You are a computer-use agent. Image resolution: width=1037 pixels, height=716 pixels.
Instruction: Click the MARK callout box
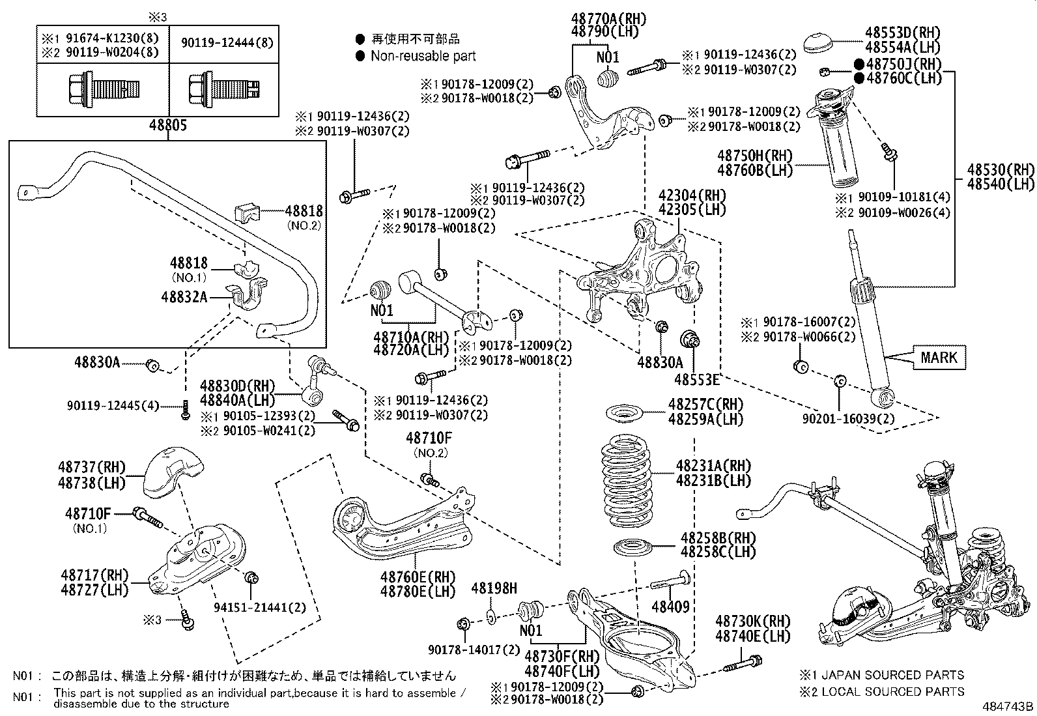tap(939, 357)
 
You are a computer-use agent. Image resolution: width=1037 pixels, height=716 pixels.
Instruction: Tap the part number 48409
tap(670, 607)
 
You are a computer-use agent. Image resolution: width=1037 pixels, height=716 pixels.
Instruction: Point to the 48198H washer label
tap(493, 589)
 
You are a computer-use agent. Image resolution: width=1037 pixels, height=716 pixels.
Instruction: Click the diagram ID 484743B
tap(1008, 706)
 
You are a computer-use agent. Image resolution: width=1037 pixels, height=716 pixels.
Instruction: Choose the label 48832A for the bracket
tap(184, 297)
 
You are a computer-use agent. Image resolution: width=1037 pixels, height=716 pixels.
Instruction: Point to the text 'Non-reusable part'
tap(423, 57)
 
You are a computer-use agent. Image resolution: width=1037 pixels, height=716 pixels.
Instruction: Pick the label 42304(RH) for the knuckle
tap(682, 195)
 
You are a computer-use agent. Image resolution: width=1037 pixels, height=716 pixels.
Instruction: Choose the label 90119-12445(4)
tap(113, 406)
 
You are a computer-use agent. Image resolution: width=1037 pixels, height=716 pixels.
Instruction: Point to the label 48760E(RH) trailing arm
tap(418, 577)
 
